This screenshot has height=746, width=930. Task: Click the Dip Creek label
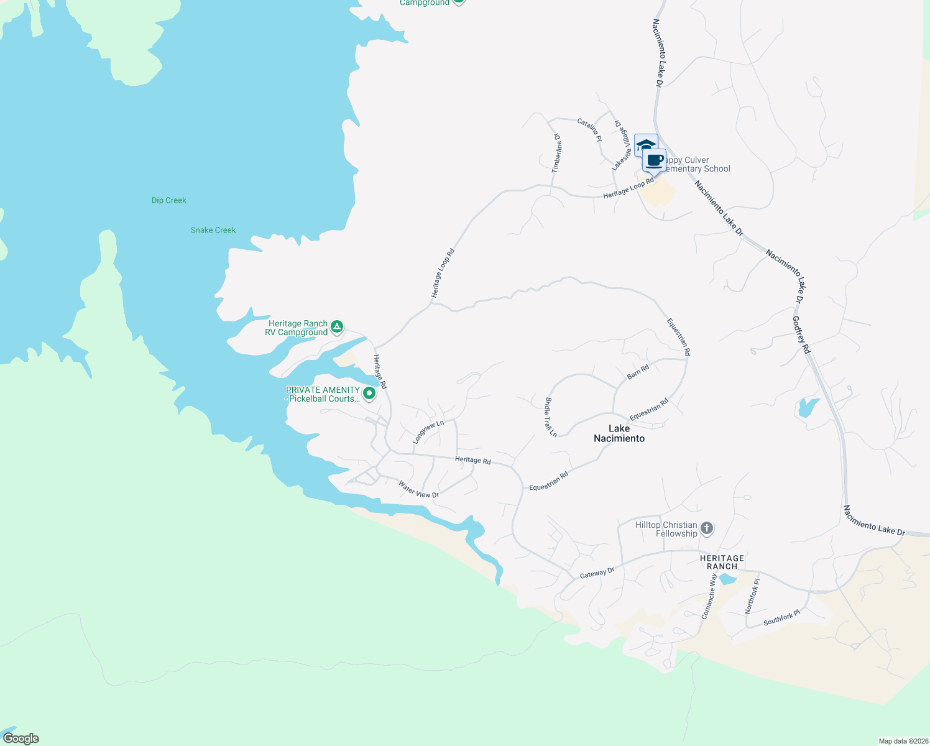coord(168,200)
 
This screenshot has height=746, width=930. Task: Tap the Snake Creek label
coord(213,230)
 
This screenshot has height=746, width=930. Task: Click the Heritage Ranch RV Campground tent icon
coord(337,327)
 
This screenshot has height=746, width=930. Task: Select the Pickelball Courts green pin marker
coord(369,394)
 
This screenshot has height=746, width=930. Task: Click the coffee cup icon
coord(654,160)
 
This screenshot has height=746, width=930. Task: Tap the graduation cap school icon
coord(645,145)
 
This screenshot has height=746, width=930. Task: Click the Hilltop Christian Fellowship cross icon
coord(706,529)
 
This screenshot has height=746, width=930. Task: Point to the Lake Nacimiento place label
coord(619,433)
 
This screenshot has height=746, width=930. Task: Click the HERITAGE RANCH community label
coord(722,562)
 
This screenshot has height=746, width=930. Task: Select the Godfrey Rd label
coord(801,334)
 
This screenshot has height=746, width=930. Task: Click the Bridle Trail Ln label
coord(551,417)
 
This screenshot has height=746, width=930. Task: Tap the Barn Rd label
coord(638,372)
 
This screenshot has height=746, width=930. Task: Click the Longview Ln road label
coord(428,432)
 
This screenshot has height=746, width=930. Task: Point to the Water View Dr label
coord(419,489)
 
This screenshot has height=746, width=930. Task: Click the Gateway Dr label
coord(597,573)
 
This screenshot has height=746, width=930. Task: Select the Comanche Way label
coord(709,596)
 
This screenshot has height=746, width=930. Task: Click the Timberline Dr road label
coord(556,152)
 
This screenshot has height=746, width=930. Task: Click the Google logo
coord(21,739)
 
